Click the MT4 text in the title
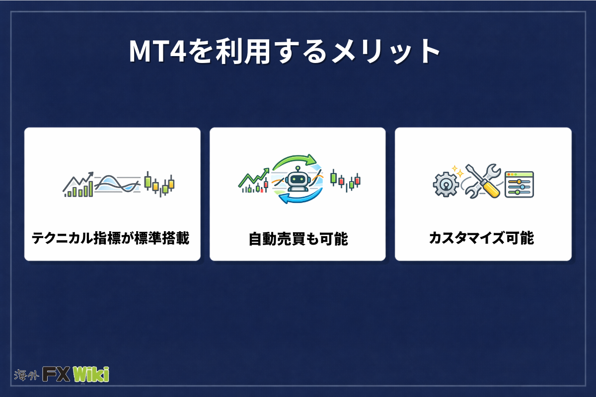click(158, 51)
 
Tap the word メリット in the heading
click(386, 52)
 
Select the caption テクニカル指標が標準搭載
click(111, 238)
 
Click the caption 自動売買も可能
click(298, 239)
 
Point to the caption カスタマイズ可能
click(482, 238)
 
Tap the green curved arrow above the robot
click(294, 160)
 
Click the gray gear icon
click(446, 184)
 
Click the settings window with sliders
click(519, 184)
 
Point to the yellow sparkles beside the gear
click(457, 171)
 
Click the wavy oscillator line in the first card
click(117, 184)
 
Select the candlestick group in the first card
click(159, 184)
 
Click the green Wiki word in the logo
click(91, 374)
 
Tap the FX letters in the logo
click(56, 374)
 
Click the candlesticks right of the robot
click(345, 181)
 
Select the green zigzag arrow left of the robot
click(254, 177)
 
